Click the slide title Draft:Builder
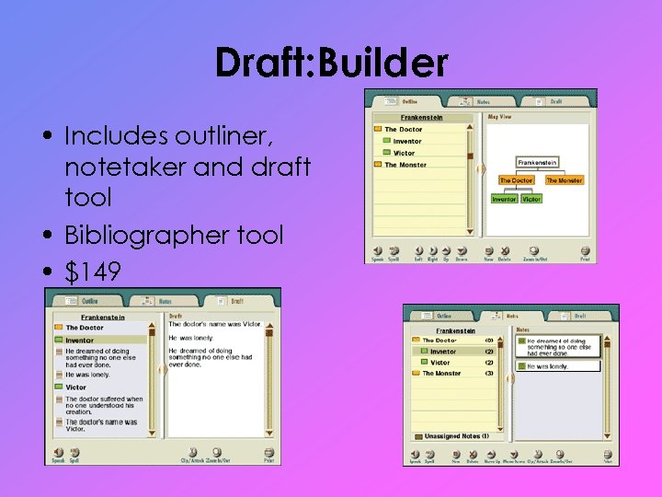(331, 64)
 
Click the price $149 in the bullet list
(92, 272)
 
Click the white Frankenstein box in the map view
(537, 163)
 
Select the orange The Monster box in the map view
(564, 180)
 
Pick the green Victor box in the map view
(531, 199)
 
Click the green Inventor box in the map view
(504, 199)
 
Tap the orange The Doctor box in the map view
(517, 180)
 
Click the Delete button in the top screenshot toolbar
(505, 252)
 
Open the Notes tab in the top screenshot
(478, 101)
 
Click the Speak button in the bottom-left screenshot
(57, 454)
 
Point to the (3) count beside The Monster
(489, 374)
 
